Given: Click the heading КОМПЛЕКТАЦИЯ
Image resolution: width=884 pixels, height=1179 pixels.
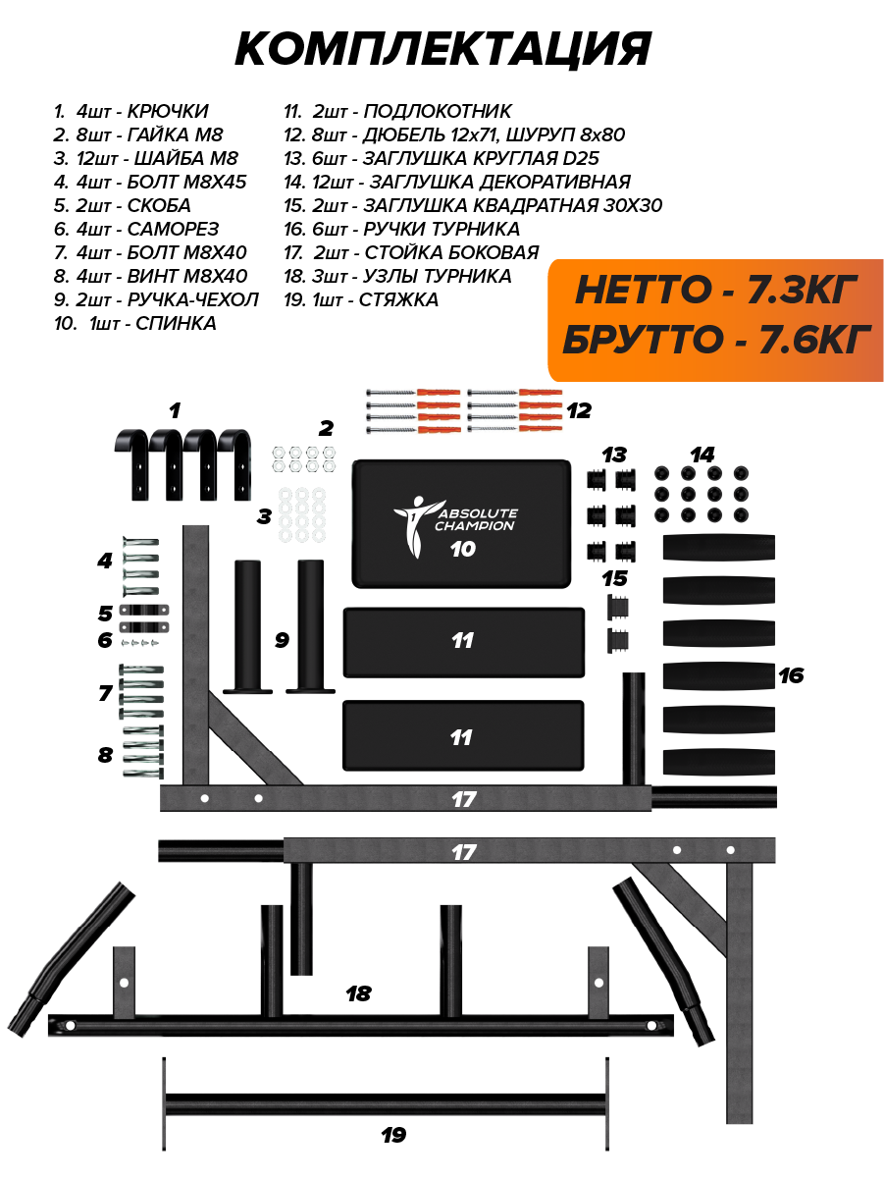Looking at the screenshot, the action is [442, 49].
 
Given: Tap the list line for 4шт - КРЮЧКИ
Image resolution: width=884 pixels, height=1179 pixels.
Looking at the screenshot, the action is [131, 112].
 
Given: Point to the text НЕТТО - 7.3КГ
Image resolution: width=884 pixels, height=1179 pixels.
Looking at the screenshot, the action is [716, 290].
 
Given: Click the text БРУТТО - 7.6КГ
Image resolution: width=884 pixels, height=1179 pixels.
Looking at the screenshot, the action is [716, 340].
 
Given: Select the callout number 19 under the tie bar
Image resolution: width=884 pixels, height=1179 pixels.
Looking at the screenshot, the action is [392, 1135].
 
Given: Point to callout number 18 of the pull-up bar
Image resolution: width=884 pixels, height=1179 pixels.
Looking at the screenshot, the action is [358, 993].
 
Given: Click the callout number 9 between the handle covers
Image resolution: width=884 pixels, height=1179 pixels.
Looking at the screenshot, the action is [282, 640].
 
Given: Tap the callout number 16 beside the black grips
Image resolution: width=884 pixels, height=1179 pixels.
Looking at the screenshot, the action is [791, 675].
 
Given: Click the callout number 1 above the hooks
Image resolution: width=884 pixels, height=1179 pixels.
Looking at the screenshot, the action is [175, 410].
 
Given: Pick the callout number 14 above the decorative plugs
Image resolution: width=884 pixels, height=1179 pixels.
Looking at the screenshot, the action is [702, 455].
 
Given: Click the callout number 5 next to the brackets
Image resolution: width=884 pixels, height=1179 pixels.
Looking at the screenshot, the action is [105, 614].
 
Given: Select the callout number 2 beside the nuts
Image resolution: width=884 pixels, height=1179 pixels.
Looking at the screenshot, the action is [326, 428].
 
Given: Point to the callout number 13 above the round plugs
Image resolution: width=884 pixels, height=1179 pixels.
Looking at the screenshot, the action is [614, 455].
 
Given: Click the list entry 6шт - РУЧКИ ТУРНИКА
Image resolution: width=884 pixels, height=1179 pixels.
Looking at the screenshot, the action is [402, 229].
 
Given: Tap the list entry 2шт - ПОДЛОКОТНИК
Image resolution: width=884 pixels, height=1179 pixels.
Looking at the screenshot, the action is [397, 112].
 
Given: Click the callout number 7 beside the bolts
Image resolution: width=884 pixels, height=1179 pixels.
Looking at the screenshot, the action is [105, 693].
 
